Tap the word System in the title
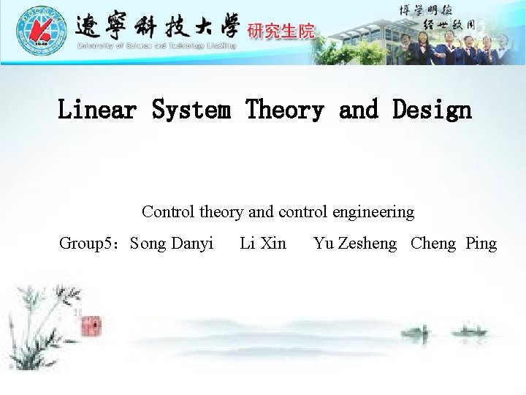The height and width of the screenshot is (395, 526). tap(194, 110)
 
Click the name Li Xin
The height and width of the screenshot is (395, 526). tap(263, 244)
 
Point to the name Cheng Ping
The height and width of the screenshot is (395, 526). tap(454, 244)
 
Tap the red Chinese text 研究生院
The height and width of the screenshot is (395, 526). tap(281, 31)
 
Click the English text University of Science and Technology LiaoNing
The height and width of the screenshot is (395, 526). tap(157, 46)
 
